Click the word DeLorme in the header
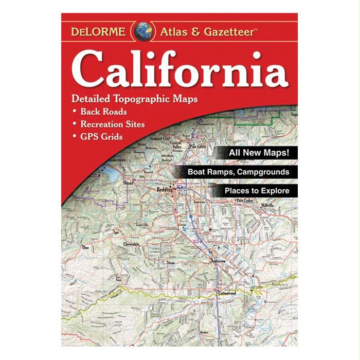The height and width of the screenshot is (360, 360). [x=98, y=31]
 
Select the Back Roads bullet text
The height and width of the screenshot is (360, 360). [x=103, y=111]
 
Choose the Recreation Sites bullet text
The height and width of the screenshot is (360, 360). [x=112, y=124]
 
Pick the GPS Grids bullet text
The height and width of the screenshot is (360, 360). [x=101, y=137]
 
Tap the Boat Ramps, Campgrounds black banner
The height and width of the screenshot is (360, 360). [x=237, y=172]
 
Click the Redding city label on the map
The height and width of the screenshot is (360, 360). [x=164, y=190]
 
